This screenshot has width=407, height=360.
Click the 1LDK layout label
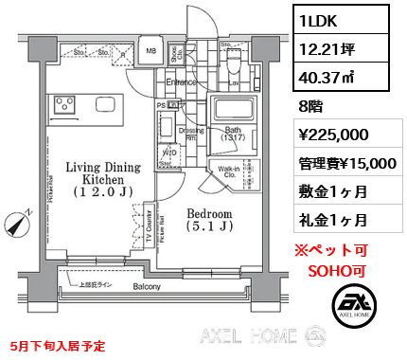[320, 18]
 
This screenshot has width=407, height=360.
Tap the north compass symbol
[16, 225]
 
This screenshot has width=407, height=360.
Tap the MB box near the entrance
[150, 51]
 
